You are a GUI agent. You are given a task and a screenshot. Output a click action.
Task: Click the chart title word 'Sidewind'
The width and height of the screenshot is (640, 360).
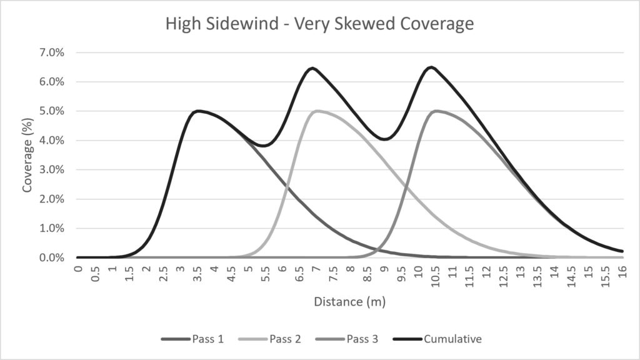point(242,23)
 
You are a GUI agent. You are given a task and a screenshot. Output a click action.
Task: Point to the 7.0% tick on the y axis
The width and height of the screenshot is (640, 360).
point(52,52)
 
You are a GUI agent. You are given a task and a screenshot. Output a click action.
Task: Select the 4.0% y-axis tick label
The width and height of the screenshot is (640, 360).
point(52,141)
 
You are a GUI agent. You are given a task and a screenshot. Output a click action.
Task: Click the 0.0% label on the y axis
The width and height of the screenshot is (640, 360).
point(52,257)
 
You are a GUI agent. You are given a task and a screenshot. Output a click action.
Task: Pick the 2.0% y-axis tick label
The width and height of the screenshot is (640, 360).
point(52,199)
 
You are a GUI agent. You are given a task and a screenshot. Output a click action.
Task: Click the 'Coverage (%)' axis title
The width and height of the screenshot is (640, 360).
point(27,155)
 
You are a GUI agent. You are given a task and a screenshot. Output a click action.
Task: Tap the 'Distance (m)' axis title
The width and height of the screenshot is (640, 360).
point(350,302)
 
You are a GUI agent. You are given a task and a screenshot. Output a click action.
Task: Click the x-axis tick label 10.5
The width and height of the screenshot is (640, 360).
point(436,276)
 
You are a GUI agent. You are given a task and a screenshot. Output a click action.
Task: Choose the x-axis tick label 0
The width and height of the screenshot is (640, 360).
point(78,268)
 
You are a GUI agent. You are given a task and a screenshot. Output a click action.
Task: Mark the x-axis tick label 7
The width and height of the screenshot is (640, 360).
point(316,268)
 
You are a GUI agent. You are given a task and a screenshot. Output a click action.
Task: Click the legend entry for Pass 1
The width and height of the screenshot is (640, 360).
point(192,339)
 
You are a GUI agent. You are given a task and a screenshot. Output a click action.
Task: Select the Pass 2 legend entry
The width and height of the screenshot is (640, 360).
point(269,339)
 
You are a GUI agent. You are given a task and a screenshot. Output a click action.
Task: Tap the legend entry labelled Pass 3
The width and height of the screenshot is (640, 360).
point(346,339)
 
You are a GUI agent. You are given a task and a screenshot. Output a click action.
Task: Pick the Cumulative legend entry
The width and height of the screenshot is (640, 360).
point(437,339)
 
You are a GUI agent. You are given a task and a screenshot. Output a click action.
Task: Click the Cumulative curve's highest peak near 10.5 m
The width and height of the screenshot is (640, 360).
point(431,67)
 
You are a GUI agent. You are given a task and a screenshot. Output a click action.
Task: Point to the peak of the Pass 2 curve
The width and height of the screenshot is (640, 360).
point(317,111)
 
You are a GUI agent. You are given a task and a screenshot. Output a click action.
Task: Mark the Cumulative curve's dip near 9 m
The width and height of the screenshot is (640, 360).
point(385,139)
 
